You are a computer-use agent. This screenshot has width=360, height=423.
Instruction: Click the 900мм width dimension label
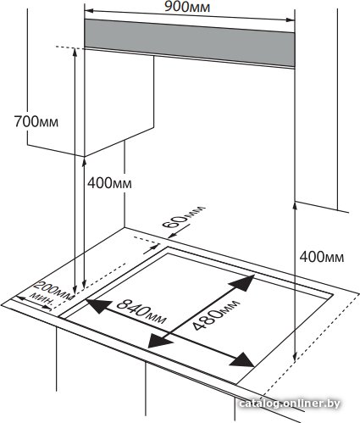pyautogui.click(x=187, y=7)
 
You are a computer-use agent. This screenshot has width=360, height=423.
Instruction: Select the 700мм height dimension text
pyautogui.click(x=36, y=122)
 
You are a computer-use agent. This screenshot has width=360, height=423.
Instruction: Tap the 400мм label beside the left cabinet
pyautogui.click(x=109, y=183)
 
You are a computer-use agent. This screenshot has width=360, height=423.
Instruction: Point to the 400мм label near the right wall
pyautogui.click(x=322, y=257)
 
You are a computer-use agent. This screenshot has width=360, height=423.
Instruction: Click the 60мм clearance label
pyautogui.click(x=184, y=217)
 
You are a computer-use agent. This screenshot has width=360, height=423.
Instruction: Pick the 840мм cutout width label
pyautogui.click(x=141, y=311)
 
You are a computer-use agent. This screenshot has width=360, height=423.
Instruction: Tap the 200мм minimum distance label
pyautogui.click(x=54, y=290)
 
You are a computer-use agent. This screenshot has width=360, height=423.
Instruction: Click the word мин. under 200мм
pyautogui.click(x=42, y=299)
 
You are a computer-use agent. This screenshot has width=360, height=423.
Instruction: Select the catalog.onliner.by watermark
pyautogui.click(x=290, y=404)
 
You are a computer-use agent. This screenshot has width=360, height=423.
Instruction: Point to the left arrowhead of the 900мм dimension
pyautogui.click(x=89, y=11)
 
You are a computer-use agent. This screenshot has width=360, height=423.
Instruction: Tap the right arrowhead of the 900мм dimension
pyautogui.click(x=291, y=19)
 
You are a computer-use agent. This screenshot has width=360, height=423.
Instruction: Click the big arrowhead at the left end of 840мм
pyautogui.click(x=98, y=305)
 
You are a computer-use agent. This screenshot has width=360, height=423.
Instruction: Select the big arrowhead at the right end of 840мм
pyautogui.click(x=242, y=360)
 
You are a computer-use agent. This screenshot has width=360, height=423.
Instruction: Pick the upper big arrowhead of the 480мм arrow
pyautogui.click(x=243, y=282)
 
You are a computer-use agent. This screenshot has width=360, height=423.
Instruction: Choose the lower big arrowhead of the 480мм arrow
pyautogui.click(x=159, y=341)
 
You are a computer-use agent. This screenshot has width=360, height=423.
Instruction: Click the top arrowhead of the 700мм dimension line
pyautogui.click(x=75, y=53)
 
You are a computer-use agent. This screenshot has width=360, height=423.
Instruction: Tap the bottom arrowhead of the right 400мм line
pyautogui.click(x=295, y=357)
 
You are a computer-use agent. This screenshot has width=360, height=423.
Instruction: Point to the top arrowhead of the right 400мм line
pyautogui.click(x=295, y=206)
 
